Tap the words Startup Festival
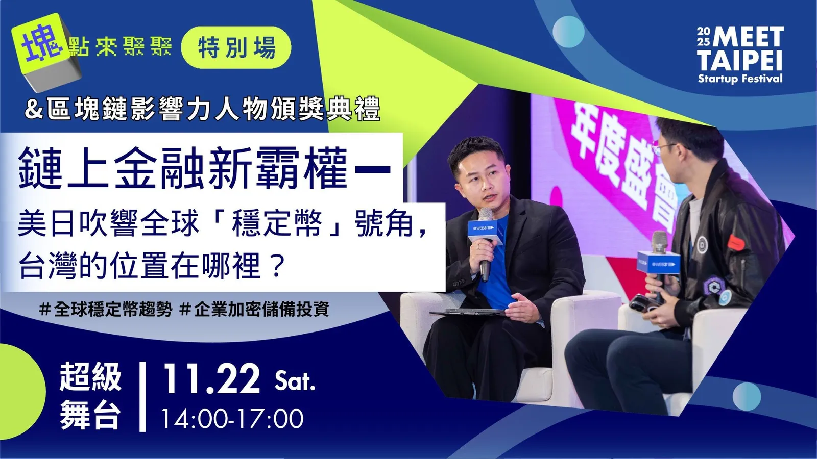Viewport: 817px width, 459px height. [740, 79]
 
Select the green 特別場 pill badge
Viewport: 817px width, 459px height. [236, 47]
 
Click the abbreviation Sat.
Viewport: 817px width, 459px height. [295, 381]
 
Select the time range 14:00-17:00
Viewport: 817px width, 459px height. [232, 419]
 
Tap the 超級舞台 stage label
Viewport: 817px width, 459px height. [90, 396]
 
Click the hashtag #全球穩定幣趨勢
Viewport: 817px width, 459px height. [106, 309]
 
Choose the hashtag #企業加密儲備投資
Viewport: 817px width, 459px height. [254, 309]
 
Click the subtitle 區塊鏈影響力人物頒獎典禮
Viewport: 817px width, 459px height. [213, 109]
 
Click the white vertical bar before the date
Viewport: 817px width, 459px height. [142, 397]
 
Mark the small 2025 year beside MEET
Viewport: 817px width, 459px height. [703, 37]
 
